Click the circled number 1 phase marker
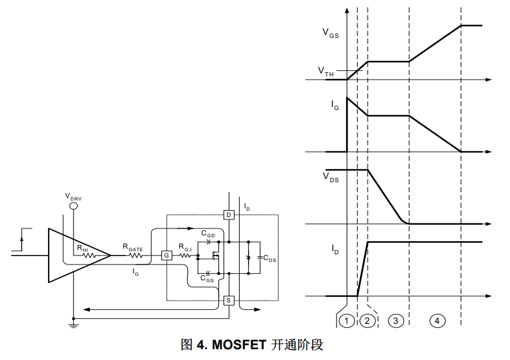coord(347,321)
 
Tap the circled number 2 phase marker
coord(368,321)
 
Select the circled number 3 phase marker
coord(396,321)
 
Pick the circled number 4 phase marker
coord(437,321)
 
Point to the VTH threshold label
coord(326,72)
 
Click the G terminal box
coord(167,255)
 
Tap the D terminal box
coord(229,215)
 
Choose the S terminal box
coord(229,300)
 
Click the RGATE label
coord(133,249)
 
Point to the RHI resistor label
coord(82,249)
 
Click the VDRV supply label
coord(73,197)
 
